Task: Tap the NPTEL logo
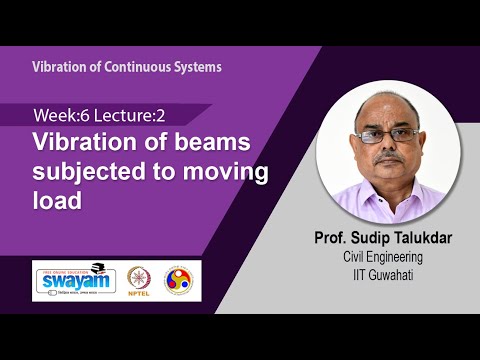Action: (139, 279)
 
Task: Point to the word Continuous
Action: (135, 67)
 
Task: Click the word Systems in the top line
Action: (196, 67)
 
